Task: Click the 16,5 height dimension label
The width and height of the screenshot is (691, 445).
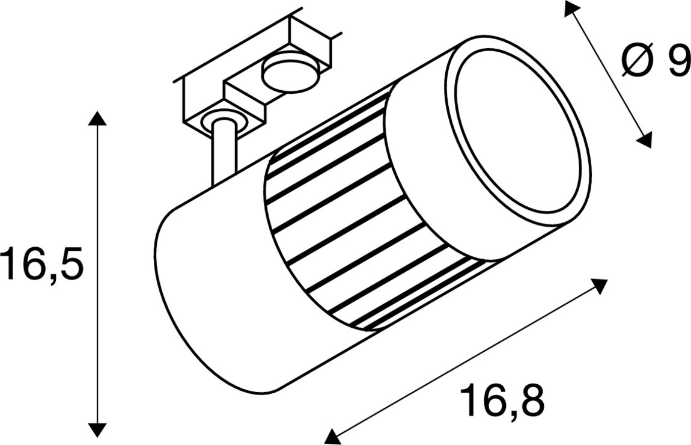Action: tap(42, 263)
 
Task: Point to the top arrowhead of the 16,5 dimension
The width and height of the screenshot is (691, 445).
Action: tap(98, 119)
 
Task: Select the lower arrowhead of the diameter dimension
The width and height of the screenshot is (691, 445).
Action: tap(644, 140)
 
